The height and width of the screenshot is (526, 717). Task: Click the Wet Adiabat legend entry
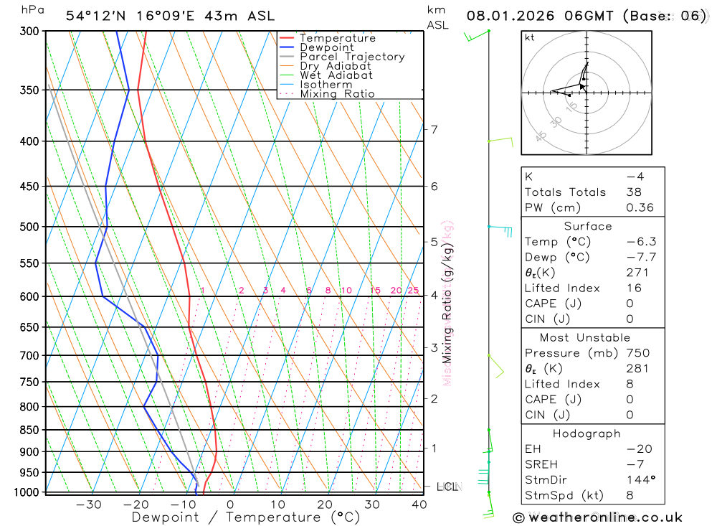coord(336,75)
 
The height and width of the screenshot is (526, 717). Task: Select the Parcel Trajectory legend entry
coord(351,57)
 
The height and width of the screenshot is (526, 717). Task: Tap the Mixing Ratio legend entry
coord(337,94)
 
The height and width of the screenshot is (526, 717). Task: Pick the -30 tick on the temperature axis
coord(88,504)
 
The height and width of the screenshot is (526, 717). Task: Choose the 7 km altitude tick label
coord(434,129)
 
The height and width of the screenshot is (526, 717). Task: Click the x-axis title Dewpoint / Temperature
coord(245,517)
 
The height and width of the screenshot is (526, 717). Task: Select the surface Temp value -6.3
coord(641,242)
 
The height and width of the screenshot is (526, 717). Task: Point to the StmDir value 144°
coord(638,479)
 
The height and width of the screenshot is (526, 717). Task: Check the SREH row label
coord(541,464)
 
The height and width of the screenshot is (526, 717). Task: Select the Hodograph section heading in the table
coord(587,433)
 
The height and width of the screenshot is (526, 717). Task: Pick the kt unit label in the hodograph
coord(530,37)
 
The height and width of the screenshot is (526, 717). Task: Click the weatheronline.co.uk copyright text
coord(597,517)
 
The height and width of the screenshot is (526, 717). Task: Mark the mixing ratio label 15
coord(375,290)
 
